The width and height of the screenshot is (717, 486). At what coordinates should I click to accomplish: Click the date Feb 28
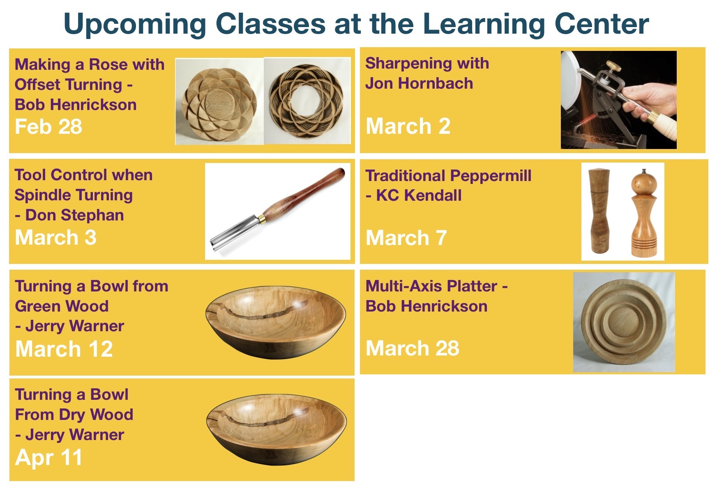click(x=48, y=127)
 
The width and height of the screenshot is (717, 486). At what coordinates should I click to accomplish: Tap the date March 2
click(x=408, y=126)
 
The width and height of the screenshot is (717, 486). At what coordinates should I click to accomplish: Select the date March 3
click(x=55, y=238)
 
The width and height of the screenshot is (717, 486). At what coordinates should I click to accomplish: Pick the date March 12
click(x=64, y=349)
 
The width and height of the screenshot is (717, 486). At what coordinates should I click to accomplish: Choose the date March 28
click(x=412, y=348)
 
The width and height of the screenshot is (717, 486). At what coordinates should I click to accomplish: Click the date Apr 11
click(x=48, y=457)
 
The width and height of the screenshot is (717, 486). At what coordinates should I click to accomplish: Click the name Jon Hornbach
click(x=419, y=83)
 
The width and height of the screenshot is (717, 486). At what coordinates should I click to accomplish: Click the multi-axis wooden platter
click(x=624, y=322)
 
